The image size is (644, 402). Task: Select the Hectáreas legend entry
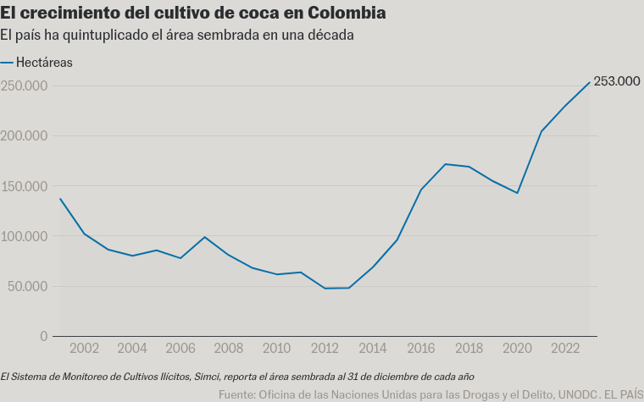click(x=44, y=62)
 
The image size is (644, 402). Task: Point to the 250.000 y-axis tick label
click(x=24, y=85)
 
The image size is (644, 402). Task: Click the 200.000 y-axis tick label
click(x=24, y=135)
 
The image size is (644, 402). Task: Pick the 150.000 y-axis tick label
click(x=24, y=186)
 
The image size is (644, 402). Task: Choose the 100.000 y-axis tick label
click(x=24, y=236)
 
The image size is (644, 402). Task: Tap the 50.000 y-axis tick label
click(x=27, y=286)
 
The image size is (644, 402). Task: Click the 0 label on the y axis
click(x=43, y=336)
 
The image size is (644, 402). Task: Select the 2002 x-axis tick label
click(x=84, y=349)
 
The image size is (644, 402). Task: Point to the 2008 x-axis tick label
click(x=229, y=349)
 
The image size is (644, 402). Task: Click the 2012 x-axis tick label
click(x=325, y=349)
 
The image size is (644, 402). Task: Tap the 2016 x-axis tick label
click(x=421, y=349)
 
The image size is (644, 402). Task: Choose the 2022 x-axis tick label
click(x=565, y=349)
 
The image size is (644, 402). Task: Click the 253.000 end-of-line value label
click(x=616, y=81)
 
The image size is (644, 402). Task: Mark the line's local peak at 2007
click(x=205, y=237)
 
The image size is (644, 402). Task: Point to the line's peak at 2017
click(x=446, y=164)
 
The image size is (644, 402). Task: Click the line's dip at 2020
click(x=517, y=193)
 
